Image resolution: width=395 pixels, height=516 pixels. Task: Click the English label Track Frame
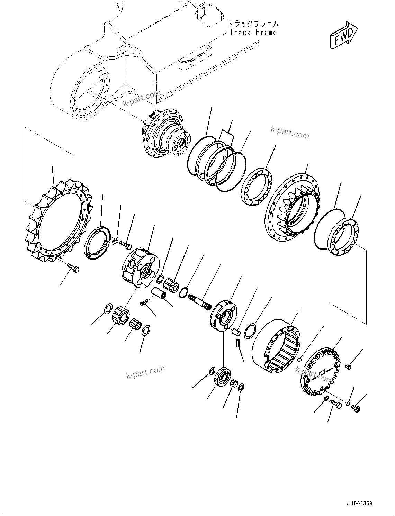[x=253, y=33]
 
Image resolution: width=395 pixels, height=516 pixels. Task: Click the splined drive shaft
[x=200, y=300]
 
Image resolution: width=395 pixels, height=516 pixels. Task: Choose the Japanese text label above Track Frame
[x=253, y=24]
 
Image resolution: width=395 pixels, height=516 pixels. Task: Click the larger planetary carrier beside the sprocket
[x=140, y=267]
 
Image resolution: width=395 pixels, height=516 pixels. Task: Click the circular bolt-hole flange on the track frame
[x=90, y=92]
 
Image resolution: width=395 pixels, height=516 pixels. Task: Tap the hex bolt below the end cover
[x=335, y=404]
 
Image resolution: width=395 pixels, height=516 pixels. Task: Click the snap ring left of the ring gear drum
[x=250, y=331]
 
